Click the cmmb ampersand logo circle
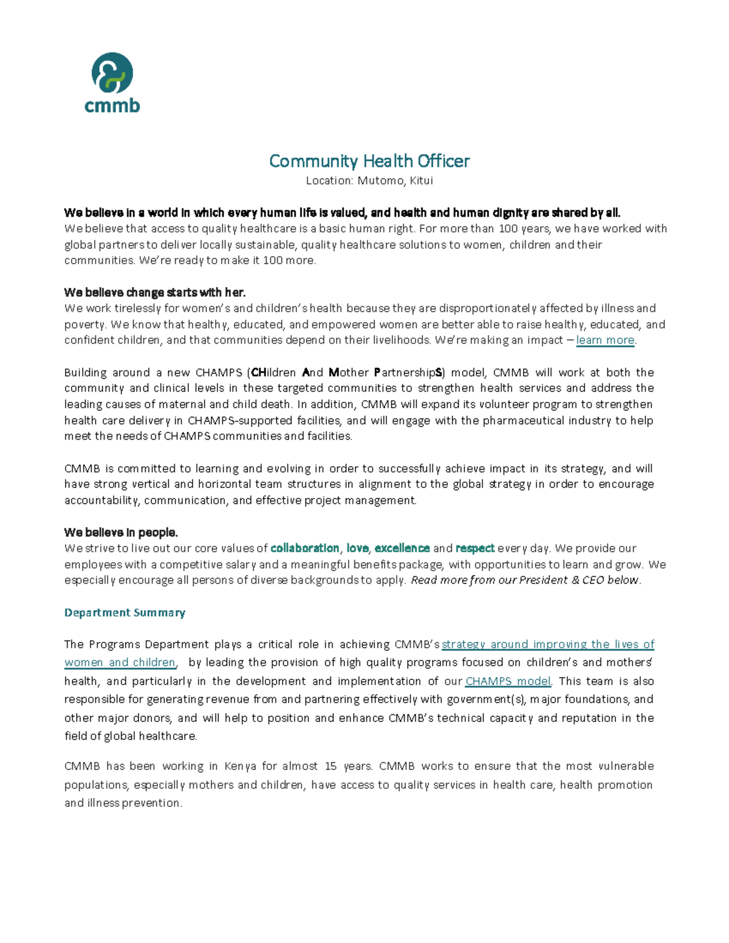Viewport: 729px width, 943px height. tap(112, 73)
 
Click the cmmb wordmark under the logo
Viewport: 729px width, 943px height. tap(112, 106)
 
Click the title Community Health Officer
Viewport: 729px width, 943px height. tap(369, 161)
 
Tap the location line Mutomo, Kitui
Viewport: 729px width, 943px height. tap(369, 180)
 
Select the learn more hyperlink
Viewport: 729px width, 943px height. tap(605, 340)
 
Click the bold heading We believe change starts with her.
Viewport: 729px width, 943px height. tap(155, 293)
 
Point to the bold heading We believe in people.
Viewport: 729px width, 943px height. tap(121, 533)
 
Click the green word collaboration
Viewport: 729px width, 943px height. tap(305, 548)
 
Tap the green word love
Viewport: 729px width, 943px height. tap(357, 548)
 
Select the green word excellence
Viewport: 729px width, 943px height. tap(402, 548)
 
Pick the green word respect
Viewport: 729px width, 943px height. tap(475, 548)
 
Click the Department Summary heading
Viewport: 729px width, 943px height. tap(125, 613)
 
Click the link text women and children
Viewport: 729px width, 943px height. tap(120, 662)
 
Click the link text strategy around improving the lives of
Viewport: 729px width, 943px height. tap(548, 644)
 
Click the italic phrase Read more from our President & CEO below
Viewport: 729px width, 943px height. tap(525, 580)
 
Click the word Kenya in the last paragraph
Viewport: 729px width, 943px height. tap(240, 766)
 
